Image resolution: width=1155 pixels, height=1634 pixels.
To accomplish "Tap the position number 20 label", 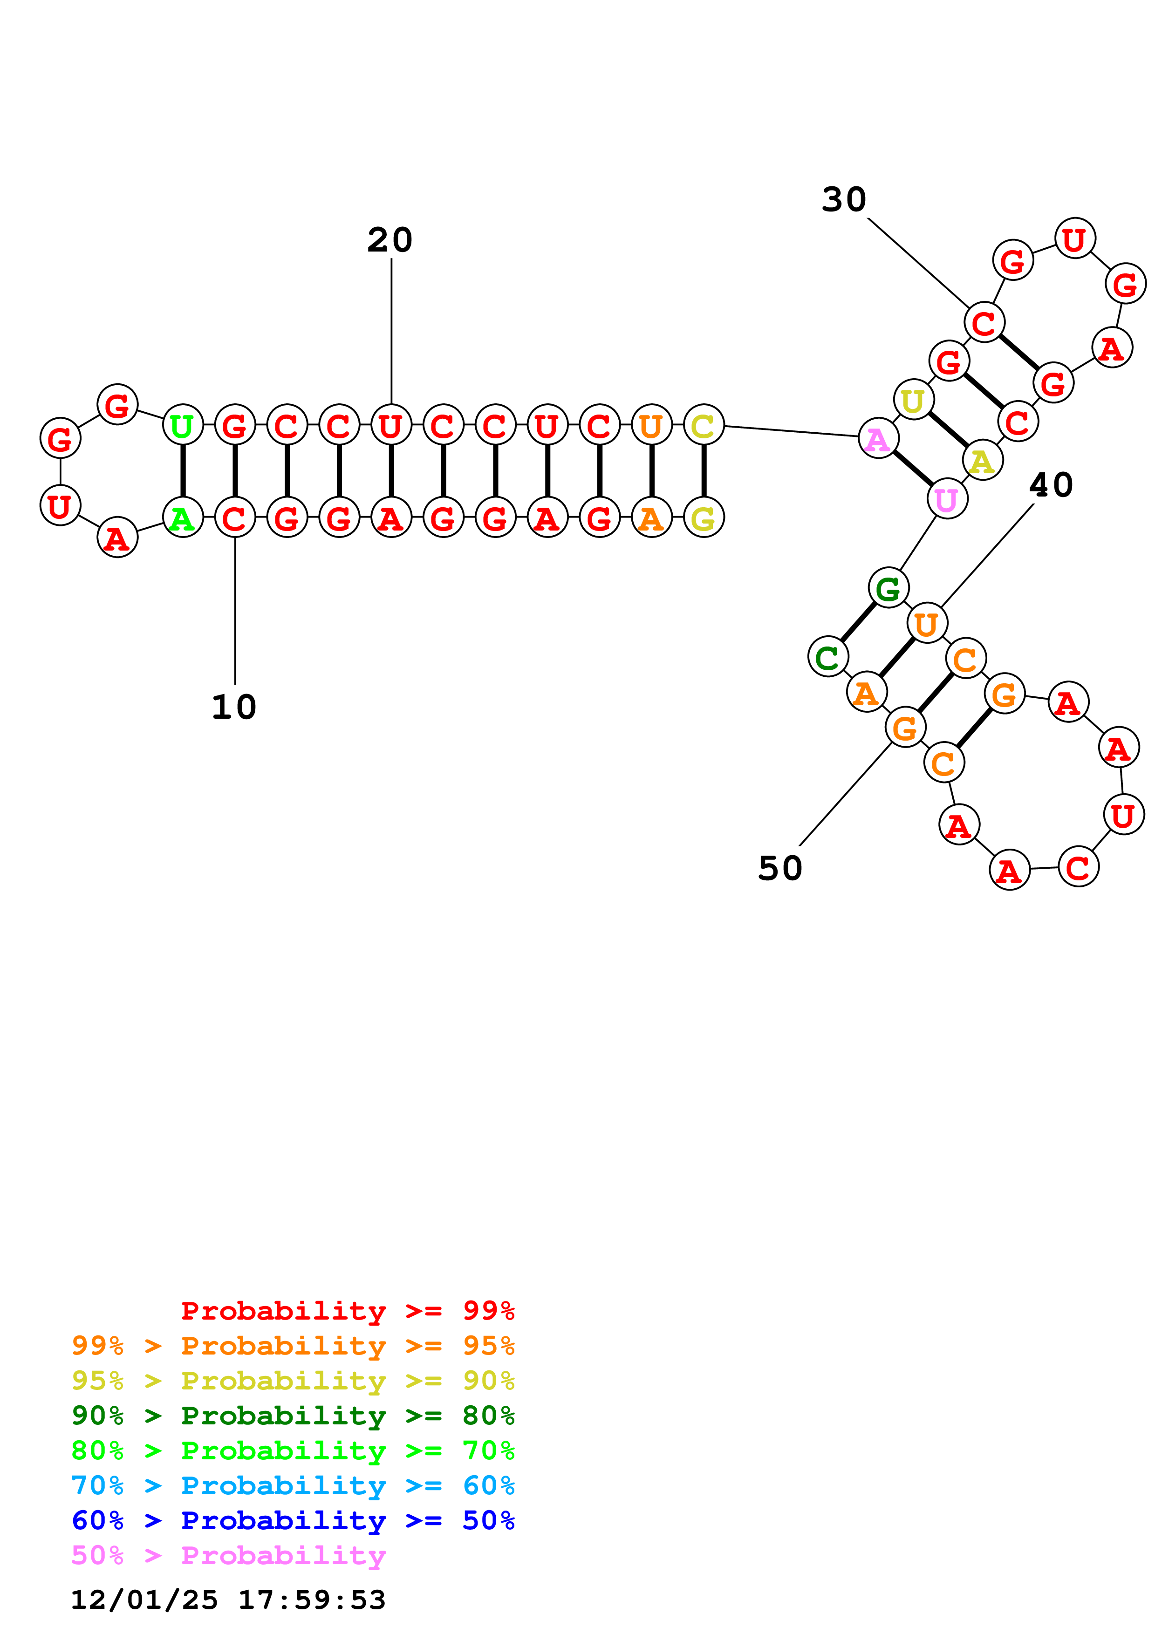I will click(390, 240).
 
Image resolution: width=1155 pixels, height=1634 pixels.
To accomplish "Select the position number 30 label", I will click(844, 199).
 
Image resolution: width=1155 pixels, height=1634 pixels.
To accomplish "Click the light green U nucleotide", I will click(183, 426).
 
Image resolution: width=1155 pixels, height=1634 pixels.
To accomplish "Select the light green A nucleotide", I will click(183, 517).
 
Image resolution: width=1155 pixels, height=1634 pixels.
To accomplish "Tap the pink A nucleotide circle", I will click(878, 438).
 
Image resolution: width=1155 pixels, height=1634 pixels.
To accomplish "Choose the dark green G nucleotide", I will click(888, 588).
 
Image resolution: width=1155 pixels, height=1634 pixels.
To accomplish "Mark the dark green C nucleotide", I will click(827, 656).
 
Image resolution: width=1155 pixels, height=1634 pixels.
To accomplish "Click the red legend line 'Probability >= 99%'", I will click(347, 1310).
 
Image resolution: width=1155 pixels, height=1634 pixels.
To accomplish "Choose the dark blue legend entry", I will click(293, 1520).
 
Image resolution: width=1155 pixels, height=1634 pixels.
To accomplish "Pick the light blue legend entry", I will click(293, 1485).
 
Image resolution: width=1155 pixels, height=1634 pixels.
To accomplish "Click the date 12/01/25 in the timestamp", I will click(144, 1600).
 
